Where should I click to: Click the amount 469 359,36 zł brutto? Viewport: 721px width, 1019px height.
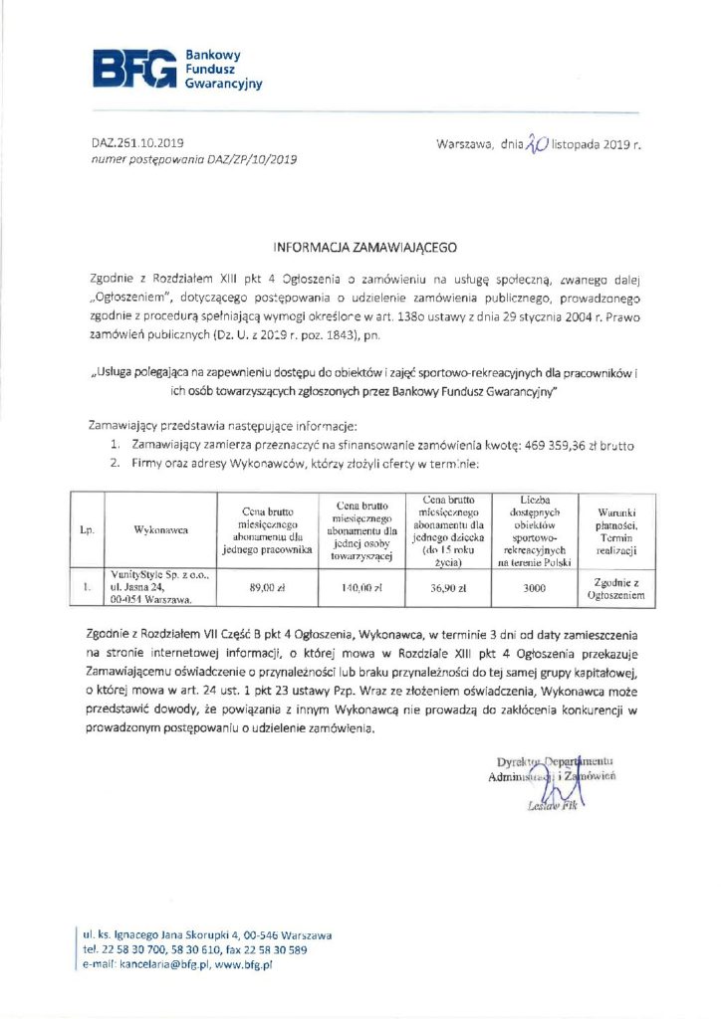pyautogui.click(x=575, y=445)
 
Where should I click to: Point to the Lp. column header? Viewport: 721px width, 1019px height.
pyautogui.click(x=87, y=529)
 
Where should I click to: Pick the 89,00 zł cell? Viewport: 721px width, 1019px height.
pyautogui.click(x=268, y=587)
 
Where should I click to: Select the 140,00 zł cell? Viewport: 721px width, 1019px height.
pyautogui.click(x=361, y=587)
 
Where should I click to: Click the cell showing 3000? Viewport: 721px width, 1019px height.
pyautogui.click(x=534, y=587)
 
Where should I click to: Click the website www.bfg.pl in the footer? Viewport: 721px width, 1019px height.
pyautogui.click(x=244, y=965)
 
